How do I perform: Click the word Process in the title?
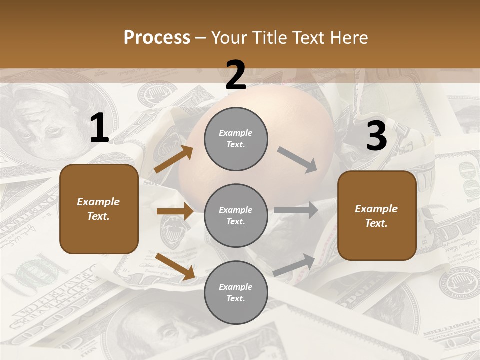pyautogui.click(x=157, y=37)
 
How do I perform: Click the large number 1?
pyautogui.click(x=99, y=129)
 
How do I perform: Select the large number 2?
pyautogui.click(x=236, y=76)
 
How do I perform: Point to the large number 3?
pyautogui.click(x=376, y=136)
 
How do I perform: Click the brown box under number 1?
pyautogui.click(x=99, y=209)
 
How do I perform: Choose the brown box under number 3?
pyautogui.click(x=377, y=216)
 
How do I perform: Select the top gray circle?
pyautogui.click(x=236, y=139)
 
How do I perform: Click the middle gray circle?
pyautogui.click(x=236, y=216)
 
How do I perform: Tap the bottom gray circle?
pyautogui.click(x=236, y=293)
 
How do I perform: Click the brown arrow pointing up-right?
pyautogui.click(x=174, y=159)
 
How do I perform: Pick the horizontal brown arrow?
pyautogui.click(x=175, y=211)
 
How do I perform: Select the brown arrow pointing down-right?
pyautogui.click(x=175, y=266)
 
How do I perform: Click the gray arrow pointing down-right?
pyautogui.click(x=297, y=160)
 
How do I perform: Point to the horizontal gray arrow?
pyautogui.click(x=296, y=210)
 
